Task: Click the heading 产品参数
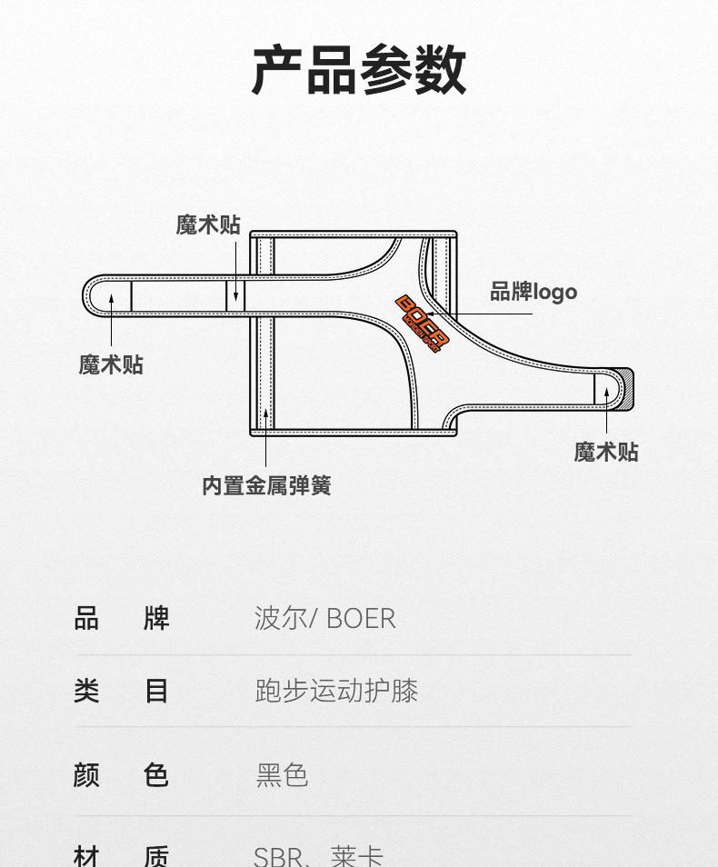click(x=359, y=70)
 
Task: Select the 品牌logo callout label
click(x=534, y=292)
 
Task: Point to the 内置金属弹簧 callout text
click(x=266, y=485)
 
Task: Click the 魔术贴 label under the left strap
click(x=111, y=364)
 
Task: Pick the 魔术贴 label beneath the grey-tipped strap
click(x=606, y=452)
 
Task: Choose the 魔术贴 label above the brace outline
click(x=208, y=224)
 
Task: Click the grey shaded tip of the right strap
click(x=625, y=388)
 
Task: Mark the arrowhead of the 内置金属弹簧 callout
click(x=266, y=414)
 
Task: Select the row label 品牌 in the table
click(x=122, y=619)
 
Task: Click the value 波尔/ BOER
click(x=324, y=619)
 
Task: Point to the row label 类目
click(x=122, y=691)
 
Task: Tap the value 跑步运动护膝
click(x=336, y=691)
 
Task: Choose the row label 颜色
click(x=122, y=775)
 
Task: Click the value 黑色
click(x=282, y=775)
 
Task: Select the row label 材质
click(x=122, y=855)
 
